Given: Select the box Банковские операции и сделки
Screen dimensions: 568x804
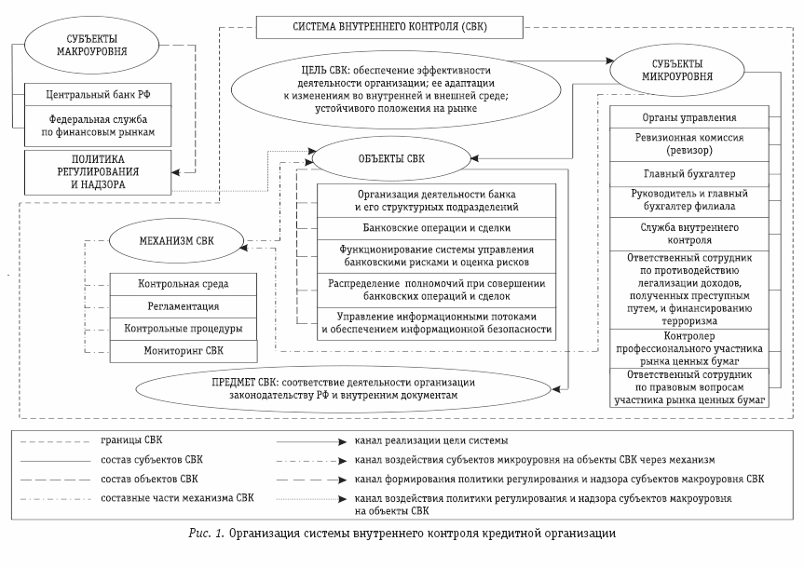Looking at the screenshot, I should coord(436,227).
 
